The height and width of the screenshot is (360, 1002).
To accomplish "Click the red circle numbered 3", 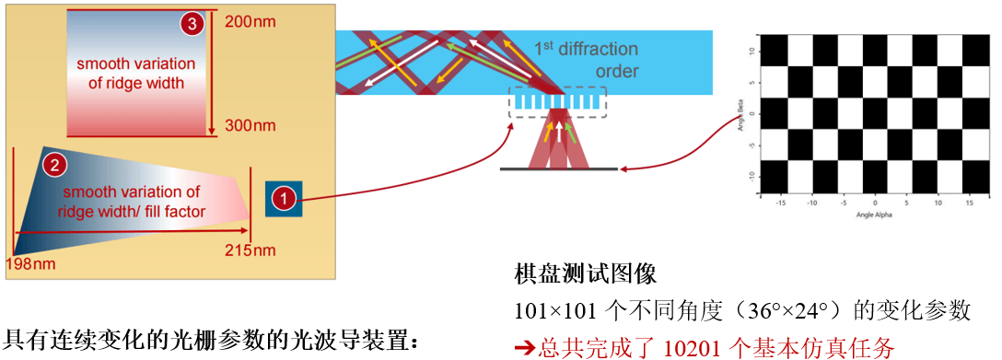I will point(192,24).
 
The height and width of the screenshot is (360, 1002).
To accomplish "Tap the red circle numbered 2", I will point(56,166).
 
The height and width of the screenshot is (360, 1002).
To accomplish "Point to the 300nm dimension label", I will point(250,124).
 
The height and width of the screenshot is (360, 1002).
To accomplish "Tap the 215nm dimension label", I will point(250,250).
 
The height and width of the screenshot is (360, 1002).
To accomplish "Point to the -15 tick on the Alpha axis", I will point(780,202).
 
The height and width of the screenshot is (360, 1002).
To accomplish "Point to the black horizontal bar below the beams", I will point(558,169).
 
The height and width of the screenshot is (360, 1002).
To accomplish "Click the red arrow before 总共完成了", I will point(524,347).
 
